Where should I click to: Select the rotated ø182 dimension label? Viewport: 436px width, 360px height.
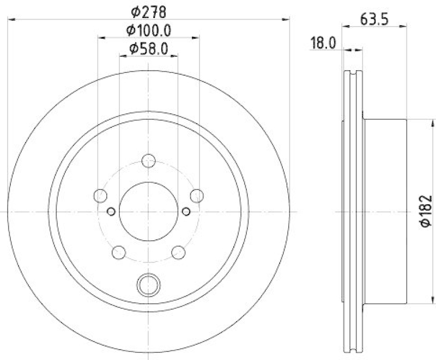[x=426, y=212]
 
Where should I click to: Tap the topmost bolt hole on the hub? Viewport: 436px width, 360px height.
[x=149, y=161]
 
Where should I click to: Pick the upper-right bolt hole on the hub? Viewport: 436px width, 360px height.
[x=197, y=196]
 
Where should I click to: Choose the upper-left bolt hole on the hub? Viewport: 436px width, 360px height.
[x=100, y=196]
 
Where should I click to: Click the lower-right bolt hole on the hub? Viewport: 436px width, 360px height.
[x=179, y=252]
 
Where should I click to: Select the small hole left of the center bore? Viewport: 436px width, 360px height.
[x=111, y=211]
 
